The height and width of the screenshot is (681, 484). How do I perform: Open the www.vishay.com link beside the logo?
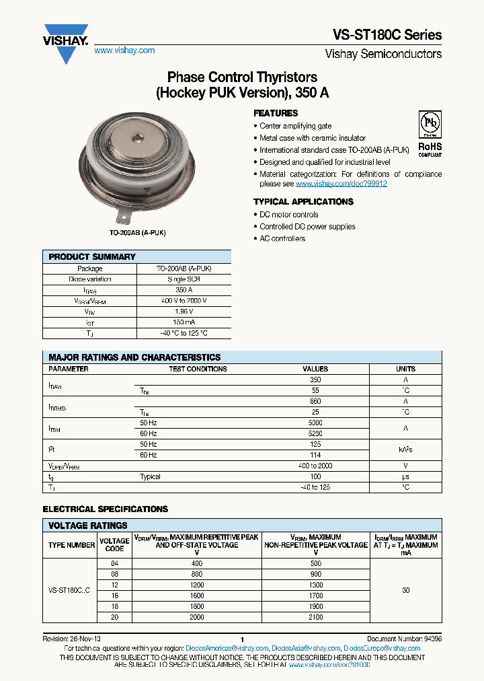click(124, 50)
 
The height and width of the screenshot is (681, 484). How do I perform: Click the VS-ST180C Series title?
click(387, 35)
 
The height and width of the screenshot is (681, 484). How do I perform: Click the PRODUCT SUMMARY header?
click(92, 257)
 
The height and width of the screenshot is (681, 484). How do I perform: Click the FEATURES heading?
click(276, 113)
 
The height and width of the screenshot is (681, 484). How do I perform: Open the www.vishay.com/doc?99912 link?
click(341, 184)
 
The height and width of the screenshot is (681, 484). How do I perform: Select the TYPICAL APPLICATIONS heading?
click(300, 201)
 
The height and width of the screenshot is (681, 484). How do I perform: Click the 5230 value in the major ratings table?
click(315, 433)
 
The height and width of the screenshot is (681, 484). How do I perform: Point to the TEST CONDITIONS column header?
click(198, 369)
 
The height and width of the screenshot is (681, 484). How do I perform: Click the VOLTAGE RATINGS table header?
click(88, 526)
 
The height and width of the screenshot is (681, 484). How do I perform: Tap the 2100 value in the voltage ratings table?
click(315, 617)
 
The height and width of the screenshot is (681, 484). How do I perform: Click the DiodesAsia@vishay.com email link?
click(305, 649)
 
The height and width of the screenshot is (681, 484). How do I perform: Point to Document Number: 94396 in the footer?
click(404, 639)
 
